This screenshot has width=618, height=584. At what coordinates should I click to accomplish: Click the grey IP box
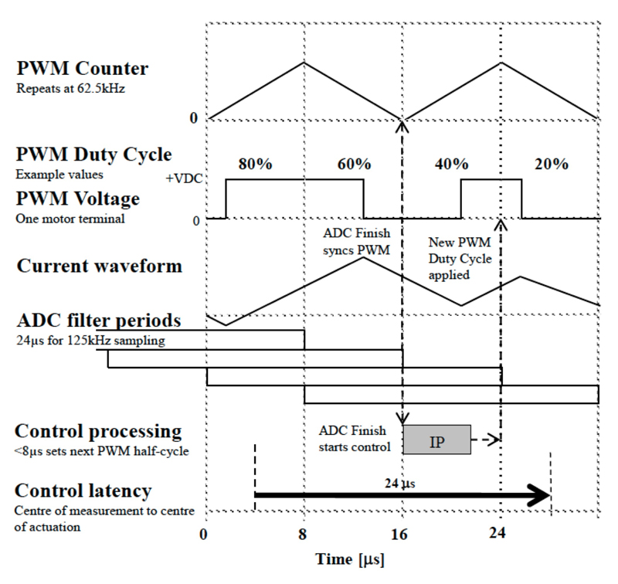pos(437,439)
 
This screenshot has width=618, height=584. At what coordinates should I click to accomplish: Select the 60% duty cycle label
pos(353,164)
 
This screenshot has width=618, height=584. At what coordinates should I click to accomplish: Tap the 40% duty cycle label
pos(451,164)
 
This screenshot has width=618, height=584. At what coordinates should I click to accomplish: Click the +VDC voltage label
pos(184,178)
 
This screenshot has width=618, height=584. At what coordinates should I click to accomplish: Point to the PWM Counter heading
pos(81,68)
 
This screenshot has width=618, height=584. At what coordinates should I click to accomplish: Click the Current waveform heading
pos(99,267)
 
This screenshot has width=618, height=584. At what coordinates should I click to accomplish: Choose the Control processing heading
pos(98,430)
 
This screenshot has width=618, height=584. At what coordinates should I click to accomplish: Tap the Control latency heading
pos(83,491)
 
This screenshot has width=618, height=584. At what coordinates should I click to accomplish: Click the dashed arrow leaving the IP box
pos(487,439)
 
